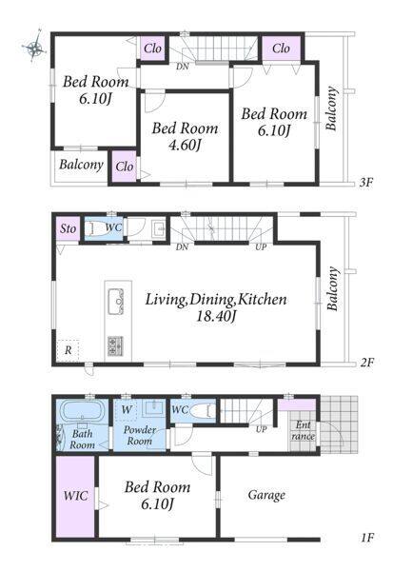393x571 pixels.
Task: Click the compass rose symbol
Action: click(x=34, y=47)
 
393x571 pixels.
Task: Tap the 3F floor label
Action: click(x=366, y=182)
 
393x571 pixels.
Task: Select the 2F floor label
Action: click(x=366, y=363)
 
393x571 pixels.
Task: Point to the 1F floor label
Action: click(x=367, y=538)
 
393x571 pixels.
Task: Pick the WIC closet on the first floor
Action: click(x=75, y=496)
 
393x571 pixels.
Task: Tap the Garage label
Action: click(x=266, y=495)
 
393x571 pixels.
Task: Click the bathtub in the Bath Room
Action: click(x=82, y=411)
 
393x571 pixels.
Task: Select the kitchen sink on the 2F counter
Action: click(x=115, y=301)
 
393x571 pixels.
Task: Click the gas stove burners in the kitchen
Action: click(x=115, y=346)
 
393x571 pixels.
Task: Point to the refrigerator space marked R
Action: click(x=68, y=350)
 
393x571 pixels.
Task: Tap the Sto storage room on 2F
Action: click(x=69, y=228)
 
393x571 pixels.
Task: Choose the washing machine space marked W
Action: click(x=126, y=409)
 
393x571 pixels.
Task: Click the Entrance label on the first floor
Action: click(x=303, y=430)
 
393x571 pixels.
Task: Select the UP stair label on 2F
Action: click(x=261, y=246)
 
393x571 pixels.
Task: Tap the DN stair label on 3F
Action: click(x=183, y=67)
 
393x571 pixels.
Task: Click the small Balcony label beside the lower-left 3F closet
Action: click(x=81, y=165)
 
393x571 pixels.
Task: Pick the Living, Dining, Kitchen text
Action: click(x=216, y=300)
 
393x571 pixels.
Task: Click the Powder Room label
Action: click(x=140, y=436)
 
